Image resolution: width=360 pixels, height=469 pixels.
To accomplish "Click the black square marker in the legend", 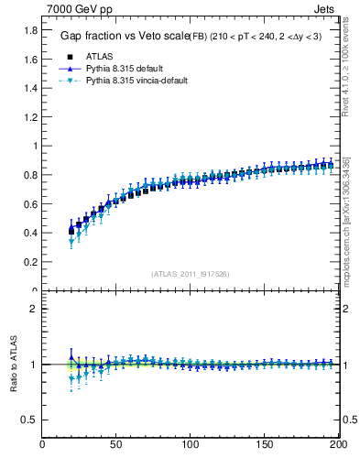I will (x=71, y=57).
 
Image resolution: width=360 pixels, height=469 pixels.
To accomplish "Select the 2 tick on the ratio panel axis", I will (x=35, y=309).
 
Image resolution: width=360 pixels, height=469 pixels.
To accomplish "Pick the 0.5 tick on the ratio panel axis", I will (x=29, y=420).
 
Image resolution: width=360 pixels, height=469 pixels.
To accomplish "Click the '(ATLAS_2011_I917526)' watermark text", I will (x=190, y=273).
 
